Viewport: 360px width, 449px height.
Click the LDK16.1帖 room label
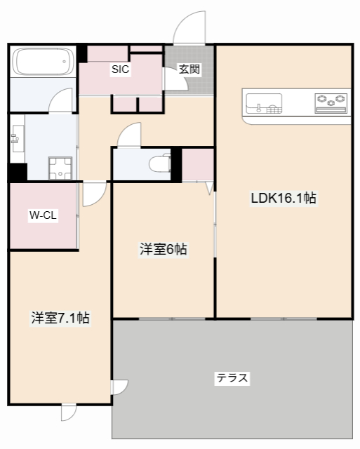pos(284,199)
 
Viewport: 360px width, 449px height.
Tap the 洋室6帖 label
pos(164,249)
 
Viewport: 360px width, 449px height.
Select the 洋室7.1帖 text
pos(60,317)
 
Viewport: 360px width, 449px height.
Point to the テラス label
pos(232,378)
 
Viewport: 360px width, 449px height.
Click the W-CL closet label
pos(43,215)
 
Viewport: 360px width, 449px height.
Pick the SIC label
pos(120,69)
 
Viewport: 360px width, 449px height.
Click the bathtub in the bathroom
pos(43,63)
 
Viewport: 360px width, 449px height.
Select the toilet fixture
pos(160,164)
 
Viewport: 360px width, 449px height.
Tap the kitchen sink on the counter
pos(263,104)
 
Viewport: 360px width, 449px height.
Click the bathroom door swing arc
pos(62,100)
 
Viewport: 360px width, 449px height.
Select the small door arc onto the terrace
pos(120,387)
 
